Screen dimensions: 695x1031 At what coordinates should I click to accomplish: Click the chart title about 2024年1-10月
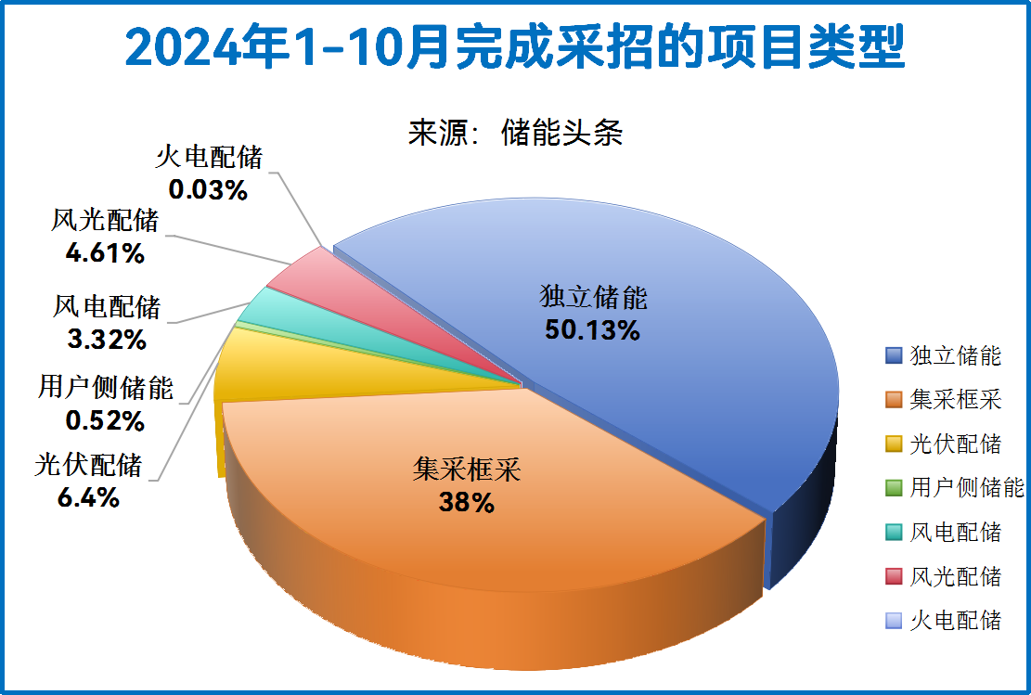(514, 46)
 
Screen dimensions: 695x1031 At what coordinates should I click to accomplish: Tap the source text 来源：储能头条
(515, 133)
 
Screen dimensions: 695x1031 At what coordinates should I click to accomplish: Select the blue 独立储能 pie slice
(650, 371)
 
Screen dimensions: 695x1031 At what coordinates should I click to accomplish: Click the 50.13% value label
(592, 329)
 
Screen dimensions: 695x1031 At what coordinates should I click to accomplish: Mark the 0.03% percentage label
(208, 190)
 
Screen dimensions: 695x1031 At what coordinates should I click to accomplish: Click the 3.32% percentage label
(107, 339)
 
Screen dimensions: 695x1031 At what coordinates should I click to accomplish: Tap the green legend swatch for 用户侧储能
(894, 488)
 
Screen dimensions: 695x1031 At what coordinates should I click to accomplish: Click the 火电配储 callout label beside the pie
(208, 157)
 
